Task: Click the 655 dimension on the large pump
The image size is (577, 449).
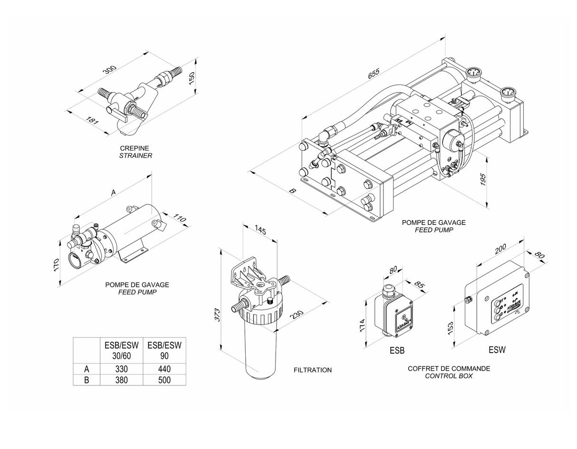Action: [x=374, y=74]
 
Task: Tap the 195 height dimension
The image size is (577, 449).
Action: [x=483, y=179]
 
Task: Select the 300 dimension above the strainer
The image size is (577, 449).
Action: [x=110, y=69]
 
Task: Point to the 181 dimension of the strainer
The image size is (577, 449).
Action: [x=92, y=120]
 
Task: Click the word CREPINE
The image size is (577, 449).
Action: [x=135, y=148]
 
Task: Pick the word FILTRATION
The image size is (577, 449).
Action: [x=313, y=370]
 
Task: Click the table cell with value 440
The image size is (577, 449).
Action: [x=164, y=369]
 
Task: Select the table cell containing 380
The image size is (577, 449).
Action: [x=121, y=380]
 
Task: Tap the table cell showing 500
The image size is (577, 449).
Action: [x=164, y=380]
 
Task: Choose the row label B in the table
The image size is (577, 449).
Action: [x=87, y=380]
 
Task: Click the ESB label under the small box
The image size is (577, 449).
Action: [x=397, y=351]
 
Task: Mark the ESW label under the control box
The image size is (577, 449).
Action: [x=497, y=350]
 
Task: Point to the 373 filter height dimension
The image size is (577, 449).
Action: [x=217, y=315]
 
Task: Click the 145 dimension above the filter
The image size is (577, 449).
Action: [x=260, y=230]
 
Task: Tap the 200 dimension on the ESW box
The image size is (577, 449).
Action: [x=500, y=249]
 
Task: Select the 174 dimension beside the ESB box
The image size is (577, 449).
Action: [x=362, y=325]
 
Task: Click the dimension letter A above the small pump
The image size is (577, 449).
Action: [x=113, y=193]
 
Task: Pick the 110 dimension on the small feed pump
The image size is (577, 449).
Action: [x=179, y=218]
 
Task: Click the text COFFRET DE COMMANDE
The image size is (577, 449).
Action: [x=449, y=368]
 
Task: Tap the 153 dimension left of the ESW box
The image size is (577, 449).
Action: [x=450, y=328]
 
